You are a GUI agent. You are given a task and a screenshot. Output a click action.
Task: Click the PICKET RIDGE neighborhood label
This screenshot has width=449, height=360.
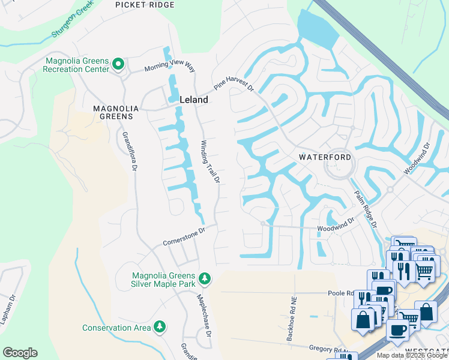coord(145,5)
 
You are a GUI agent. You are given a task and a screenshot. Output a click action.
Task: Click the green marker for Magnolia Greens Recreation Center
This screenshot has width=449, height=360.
coord(118,64)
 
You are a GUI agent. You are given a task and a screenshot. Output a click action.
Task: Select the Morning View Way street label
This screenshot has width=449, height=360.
coord(170,67)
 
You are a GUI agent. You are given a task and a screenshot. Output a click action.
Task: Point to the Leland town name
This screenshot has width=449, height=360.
coord(193,100)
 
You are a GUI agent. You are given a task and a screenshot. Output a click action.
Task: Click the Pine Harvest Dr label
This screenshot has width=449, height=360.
coord(234,82)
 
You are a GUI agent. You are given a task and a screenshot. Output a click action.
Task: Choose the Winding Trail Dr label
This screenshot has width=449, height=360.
coord(210,161)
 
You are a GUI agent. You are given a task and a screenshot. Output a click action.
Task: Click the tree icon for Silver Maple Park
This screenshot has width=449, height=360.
coord(205,278)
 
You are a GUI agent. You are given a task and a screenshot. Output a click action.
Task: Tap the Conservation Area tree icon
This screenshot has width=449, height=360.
coord(159,326)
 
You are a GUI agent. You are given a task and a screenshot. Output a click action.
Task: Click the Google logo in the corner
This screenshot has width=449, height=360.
coord(20,353)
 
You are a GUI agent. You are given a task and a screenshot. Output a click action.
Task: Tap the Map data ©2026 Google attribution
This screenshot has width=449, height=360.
coord(411,355)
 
